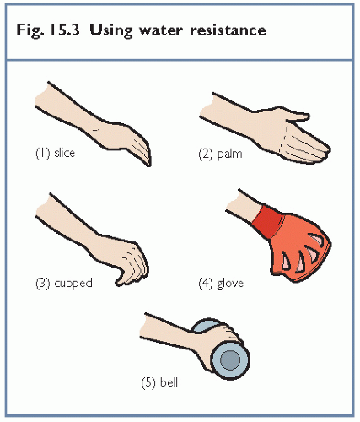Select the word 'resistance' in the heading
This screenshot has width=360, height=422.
click(x=228, y=30)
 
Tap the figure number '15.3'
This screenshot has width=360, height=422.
click(x=64, y=30)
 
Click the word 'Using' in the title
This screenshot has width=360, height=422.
click(x=111, y=30)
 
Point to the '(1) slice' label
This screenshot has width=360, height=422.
click(x=56, y=153)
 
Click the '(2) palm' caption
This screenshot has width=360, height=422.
click(x=220, y=154)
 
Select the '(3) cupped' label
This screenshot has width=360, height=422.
click(x=64, y=283)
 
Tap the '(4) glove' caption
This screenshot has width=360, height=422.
click(x=221, y=283)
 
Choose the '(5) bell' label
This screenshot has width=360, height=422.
click(x=159, y=383)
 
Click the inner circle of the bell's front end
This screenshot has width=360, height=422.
click(x=230, y=360)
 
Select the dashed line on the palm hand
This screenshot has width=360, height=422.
click(x=283, y=139)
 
